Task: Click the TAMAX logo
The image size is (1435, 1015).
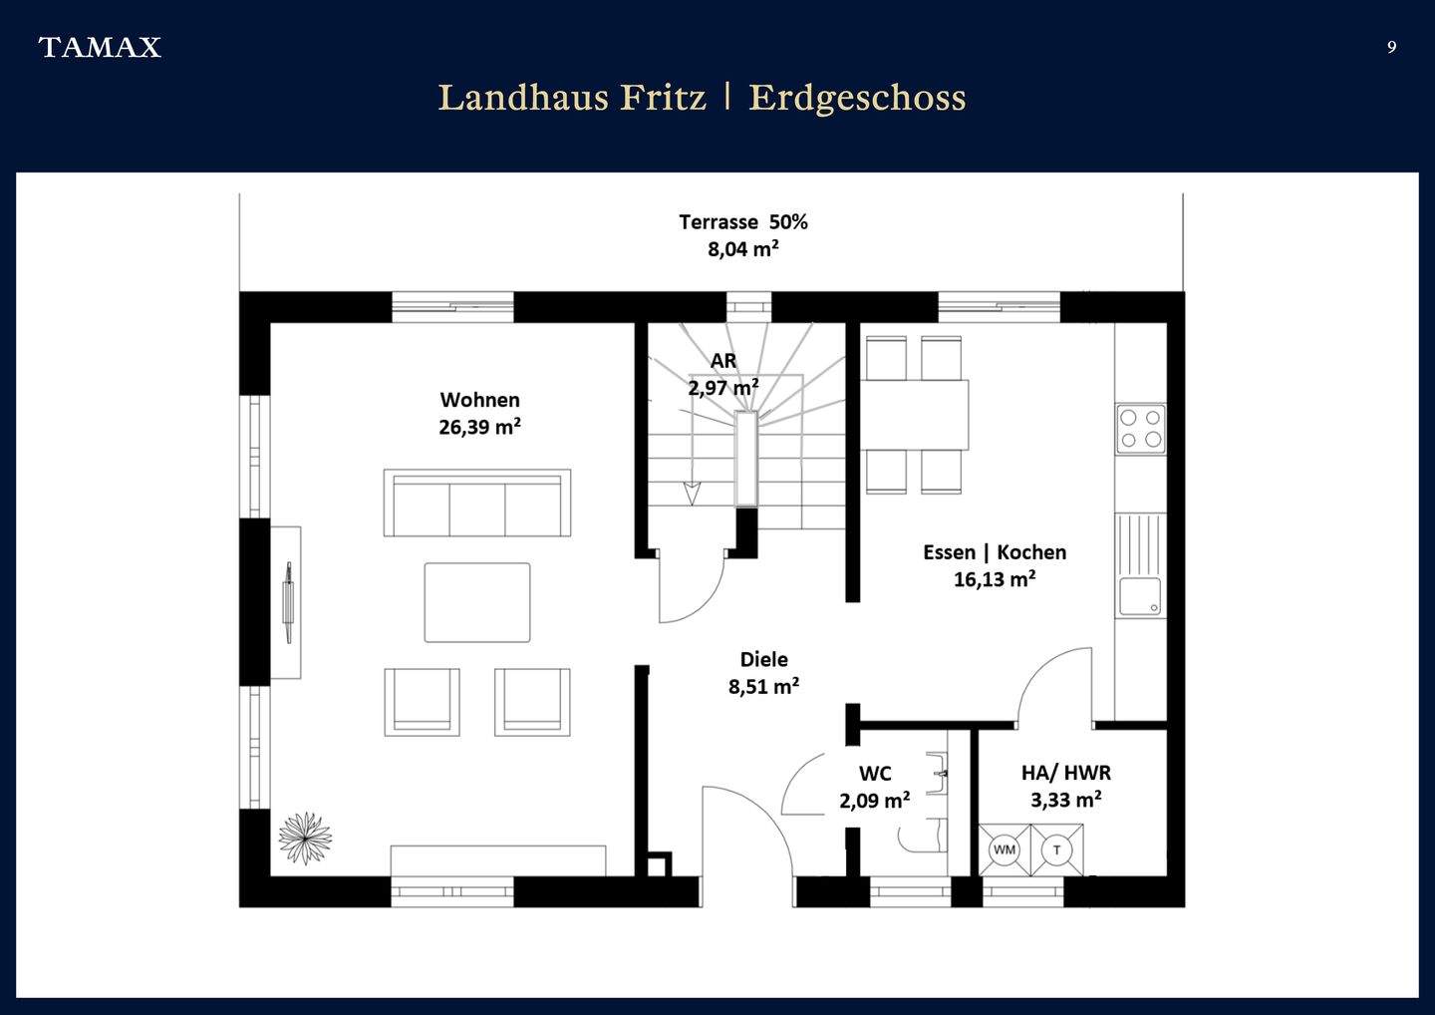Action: tap(100, 47)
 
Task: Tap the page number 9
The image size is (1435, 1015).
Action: tap(1391, 47)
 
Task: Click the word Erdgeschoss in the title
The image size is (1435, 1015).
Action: tap(857, 98)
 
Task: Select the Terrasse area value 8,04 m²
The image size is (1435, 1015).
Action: tap(742, 249)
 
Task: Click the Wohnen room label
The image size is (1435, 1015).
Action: tap(479, 400)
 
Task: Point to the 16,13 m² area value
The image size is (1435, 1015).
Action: tap(994, 579)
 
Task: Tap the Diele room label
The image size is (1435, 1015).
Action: tap(763, 659)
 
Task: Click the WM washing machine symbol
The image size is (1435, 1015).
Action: tap(1004, 849)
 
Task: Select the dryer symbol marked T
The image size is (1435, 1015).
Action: tap(1056, 849)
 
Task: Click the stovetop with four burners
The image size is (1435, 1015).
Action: tap(1140, 429)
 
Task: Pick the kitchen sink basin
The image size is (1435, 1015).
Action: tap(1139, 596)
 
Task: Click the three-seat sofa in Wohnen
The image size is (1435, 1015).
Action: tap(477, 504)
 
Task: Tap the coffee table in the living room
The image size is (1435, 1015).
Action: tap(477, 602)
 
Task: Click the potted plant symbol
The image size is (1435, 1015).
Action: tap(305, 838)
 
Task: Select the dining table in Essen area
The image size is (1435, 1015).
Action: tap(915, 415)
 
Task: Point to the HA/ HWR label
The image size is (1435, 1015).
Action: tap(1065, 772)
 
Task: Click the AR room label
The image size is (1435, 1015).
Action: tap(723, 361)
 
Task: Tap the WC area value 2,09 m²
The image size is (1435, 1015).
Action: tap(874, 800)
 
